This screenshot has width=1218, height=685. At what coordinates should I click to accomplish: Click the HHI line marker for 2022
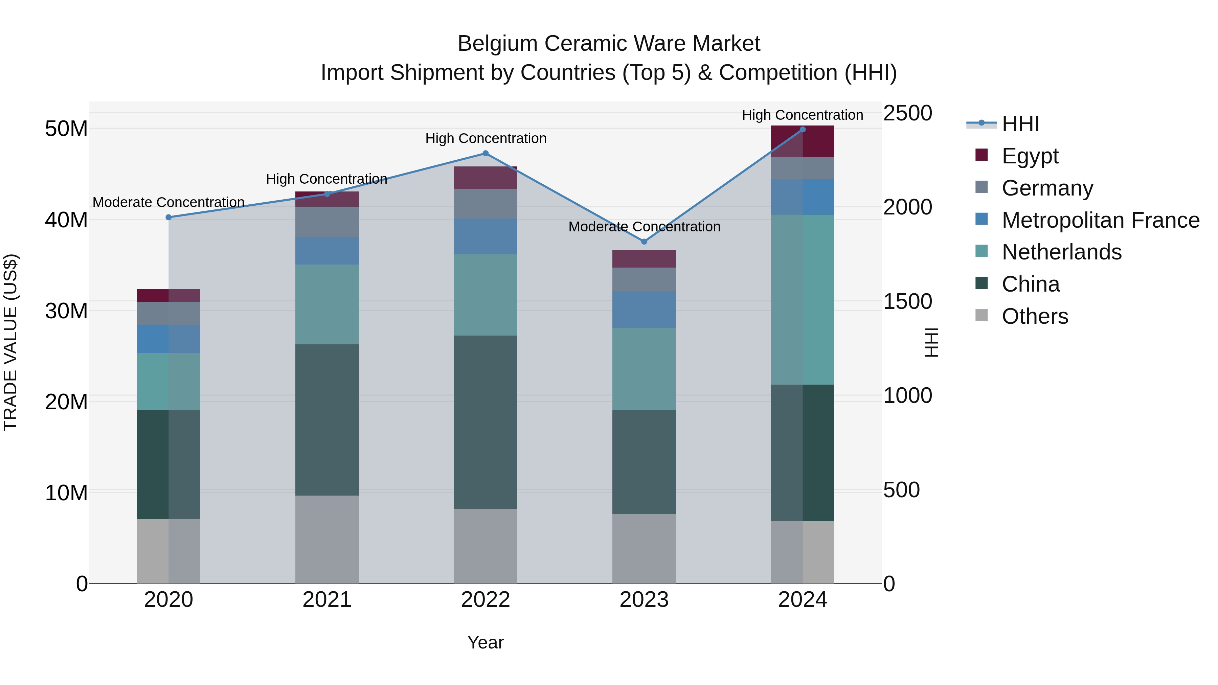[485, 153]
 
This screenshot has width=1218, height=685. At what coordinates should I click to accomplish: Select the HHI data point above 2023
[644, 242]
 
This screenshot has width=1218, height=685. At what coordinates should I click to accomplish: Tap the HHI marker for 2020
[168, 218]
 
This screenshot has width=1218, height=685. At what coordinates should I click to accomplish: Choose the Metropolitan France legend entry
[1100, 220]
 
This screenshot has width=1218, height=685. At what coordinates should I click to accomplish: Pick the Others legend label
[1035, 316]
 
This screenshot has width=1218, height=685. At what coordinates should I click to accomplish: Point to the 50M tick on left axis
[66, 129]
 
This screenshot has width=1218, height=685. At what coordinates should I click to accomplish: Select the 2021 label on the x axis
[327, 600]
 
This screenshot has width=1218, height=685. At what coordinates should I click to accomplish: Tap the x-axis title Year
[485, 642]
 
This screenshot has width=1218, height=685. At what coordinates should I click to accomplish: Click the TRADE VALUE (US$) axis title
[10, 342]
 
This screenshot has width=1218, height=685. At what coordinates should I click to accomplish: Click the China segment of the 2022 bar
[485, 422]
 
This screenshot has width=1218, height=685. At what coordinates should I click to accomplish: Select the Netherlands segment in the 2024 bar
[803, 299]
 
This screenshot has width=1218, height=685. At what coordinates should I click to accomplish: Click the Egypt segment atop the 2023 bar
[644, 258]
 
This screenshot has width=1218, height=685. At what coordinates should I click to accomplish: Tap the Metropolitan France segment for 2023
[644, 309]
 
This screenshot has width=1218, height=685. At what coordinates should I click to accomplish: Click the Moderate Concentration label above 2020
[168, 202]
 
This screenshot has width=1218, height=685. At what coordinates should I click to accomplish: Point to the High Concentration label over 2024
[803, 115]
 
